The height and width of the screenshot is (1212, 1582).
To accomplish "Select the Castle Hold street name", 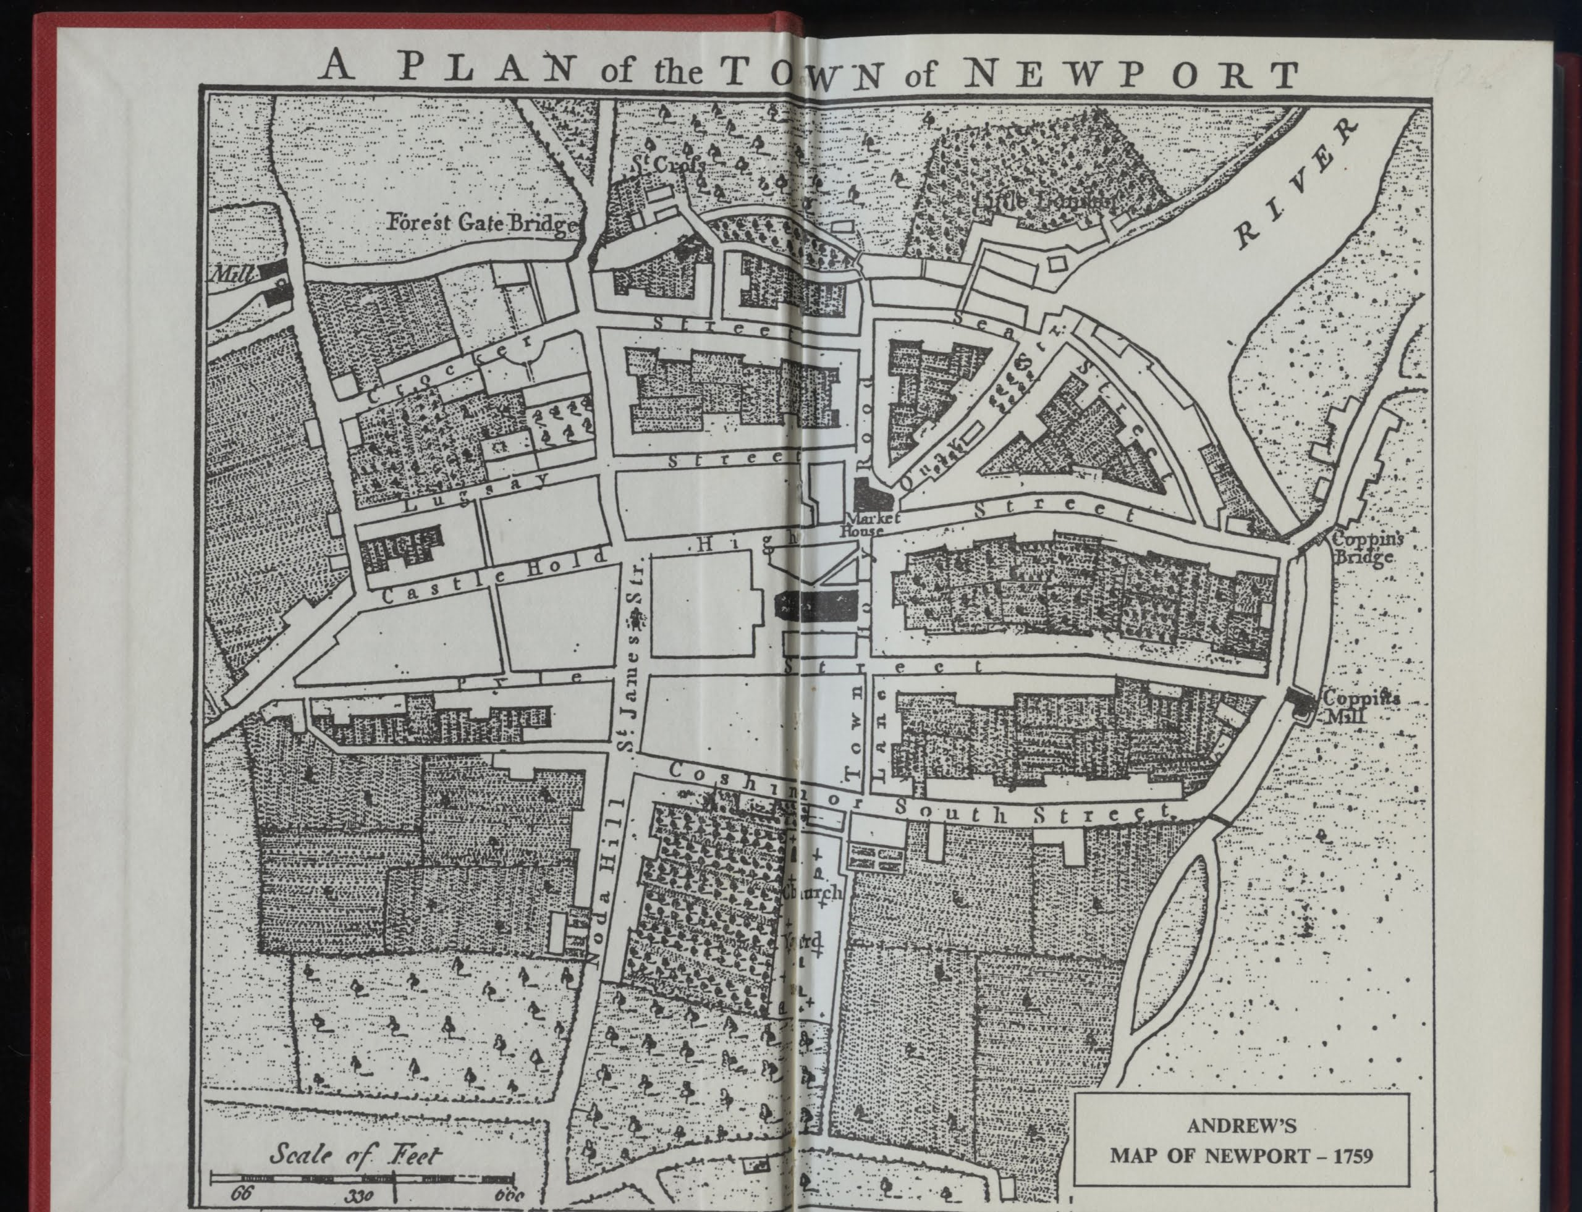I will point(494,578).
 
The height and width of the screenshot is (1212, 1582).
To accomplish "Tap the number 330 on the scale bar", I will point(358,1195).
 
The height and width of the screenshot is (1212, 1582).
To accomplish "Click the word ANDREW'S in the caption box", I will point(1241,1125).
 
